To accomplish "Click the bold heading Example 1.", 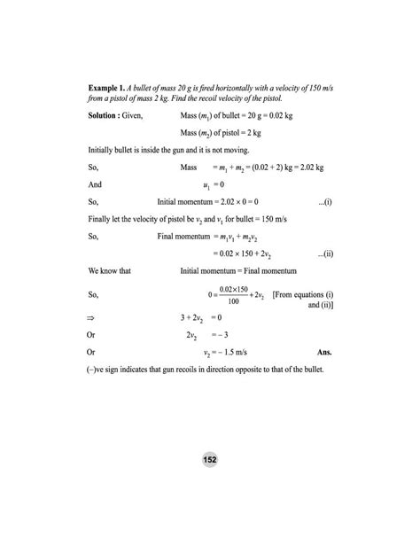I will coord(110,90).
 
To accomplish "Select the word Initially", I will coord(103,149).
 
